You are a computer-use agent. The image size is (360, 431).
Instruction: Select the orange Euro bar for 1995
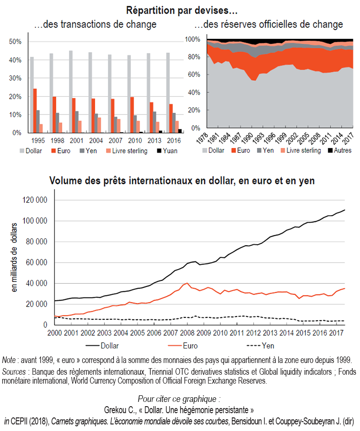tap(35, 111)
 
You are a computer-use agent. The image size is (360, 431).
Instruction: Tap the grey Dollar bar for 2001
tap(71, 91)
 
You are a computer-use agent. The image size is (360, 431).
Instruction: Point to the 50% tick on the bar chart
tap(15, 42)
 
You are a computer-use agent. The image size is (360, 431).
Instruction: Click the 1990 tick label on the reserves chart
tap(253, 140)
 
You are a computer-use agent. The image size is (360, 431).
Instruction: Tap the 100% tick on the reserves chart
tap(193, 39)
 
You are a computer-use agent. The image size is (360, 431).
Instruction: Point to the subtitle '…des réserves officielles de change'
tap(275, 24)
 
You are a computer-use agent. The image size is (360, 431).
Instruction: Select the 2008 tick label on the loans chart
tap(187, 333)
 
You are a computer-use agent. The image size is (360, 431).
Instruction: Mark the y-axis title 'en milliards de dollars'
tap(14, 257)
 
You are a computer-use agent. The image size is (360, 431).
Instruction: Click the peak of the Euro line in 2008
tap(188, 283)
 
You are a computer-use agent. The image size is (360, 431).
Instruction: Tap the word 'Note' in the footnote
tap(10, 360)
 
